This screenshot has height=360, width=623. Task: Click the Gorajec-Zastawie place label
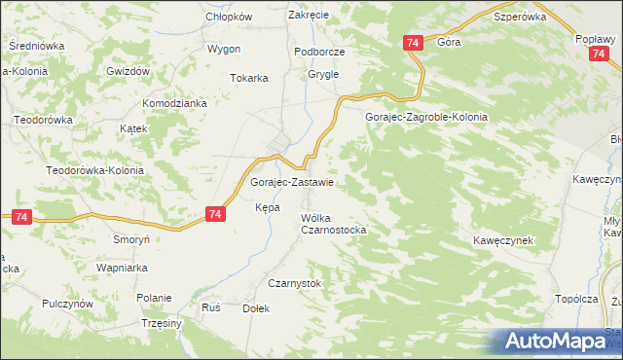click(293, 182)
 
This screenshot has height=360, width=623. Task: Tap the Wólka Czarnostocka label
click(333, 224)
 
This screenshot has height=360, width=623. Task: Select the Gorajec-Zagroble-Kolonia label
click(425, 117)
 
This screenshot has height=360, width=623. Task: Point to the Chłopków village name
click(229, 17)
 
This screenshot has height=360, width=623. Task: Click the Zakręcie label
click(309, 16)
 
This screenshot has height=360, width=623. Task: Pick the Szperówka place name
click(520, 17)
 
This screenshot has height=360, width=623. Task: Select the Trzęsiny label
click(162, 323)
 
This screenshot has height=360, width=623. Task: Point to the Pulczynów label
click(67, 304)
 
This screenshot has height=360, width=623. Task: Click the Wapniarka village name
click(121, 267)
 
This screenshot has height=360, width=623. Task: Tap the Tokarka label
click(248, 79)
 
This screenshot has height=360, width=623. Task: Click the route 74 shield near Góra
click(413, 43)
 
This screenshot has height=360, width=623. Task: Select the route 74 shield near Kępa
click(216, 214)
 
